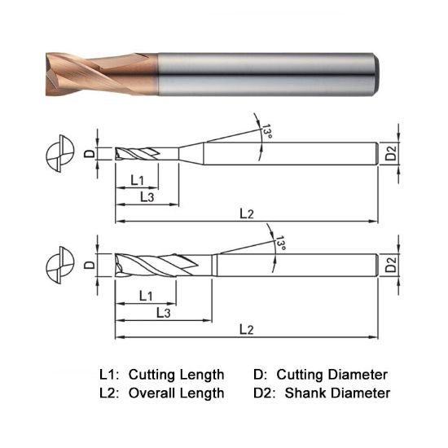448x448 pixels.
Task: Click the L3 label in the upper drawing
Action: click(148, 197)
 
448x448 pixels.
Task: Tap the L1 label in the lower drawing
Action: click(147, 294)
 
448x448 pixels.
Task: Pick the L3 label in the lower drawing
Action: click(162, 313)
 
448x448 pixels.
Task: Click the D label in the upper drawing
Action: click(89, 152)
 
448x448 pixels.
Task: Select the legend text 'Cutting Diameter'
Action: click(332, 375)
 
